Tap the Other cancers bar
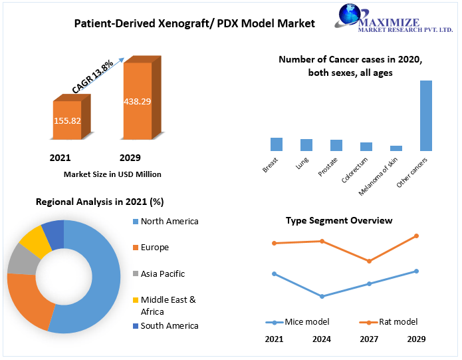click(425, 116)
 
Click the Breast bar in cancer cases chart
click(277, 144)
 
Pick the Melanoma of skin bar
click(396, 148)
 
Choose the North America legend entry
click(169, 222)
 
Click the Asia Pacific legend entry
click(162, 273)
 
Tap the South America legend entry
click(168, 325)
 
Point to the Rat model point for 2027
click(369, 261)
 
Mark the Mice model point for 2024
click(322, 296)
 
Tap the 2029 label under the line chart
click(417, 339)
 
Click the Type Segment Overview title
click(339, 220)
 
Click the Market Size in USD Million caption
click(112, 174)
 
